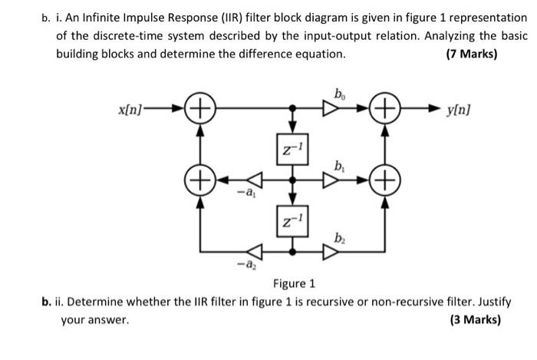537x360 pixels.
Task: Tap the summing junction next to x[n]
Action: pyautogui.click(x=201, y=112)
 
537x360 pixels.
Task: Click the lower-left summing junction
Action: pyautogui.click(x=201, y=183)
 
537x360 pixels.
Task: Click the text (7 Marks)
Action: pyautogui.click(x=473, y=54)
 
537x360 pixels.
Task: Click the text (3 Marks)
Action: pyautogui.click(x=473, y=319)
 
